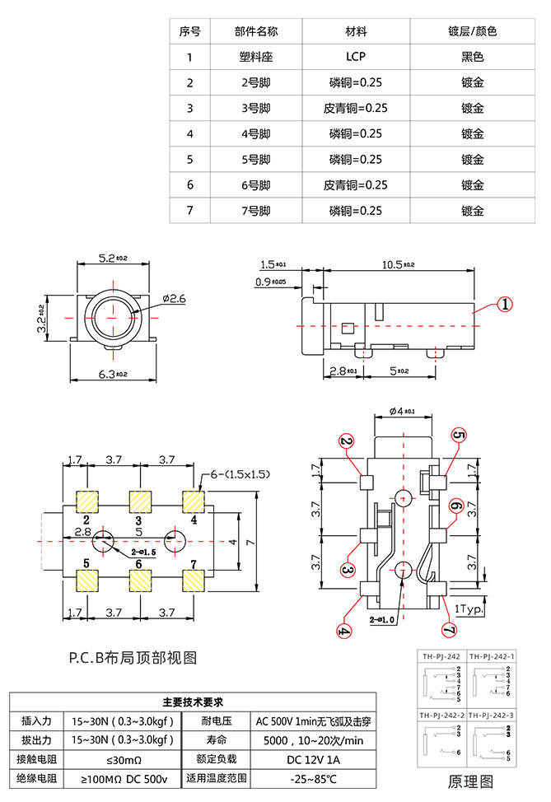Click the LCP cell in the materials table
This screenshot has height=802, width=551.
[355, 57]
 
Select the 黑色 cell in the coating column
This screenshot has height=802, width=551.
[472, 57]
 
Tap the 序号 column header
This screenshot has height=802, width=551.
[189, 31]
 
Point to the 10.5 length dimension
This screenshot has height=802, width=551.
[398, 264]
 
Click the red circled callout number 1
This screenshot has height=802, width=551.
[504, 304]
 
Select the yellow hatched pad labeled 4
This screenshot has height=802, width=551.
[194, 501]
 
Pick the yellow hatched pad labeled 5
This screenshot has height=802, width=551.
[86, 581]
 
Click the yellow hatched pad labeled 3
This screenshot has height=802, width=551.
[139, 501]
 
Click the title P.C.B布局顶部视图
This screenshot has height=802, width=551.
[133, 658]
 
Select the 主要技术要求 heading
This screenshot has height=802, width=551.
[192, 702]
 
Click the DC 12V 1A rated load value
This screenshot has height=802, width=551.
[313, 758]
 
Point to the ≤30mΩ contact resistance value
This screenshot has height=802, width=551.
[124, 758]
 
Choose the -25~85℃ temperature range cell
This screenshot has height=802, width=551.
[313, 778]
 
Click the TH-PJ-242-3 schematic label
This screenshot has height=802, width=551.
[492, 714]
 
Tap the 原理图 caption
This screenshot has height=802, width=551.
[470, 781]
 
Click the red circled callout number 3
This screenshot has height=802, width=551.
[348, 570]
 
